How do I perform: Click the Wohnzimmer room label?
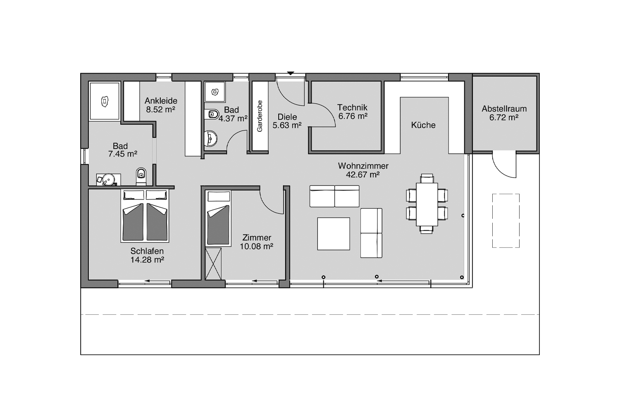point(363,166)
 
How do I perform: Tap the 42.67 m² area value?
point(362,175)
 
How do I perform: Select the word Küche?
point(423,125)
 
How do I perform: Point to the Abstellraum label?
point(504,109)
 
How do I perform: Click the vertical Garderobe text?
point(260,116)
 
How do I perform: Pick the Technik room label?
point(352,107)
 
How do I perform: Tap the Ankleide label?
point(161,101)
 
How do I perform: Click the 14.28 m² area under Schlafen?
point(147,260)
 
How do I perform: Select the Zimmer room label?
point(257,237)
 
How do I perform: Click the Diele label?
point(287,117)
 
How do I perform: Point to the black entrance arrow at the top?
point(290,73)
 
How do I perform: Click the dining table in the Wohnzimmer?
point(427,204)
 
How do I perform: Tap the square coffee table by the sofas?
point(334,234)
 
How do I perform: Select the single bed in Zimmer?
point(218,218)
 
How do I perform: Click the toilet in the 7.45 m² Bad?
point(141,176)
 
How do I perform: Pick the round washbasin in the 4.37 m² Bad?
point(211,138)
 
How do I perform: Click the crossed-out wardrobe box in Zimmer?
point(213,263)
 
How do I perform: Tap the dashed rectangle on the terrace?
point(506,221)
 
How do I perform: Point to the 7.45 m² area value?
point(123,154)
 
